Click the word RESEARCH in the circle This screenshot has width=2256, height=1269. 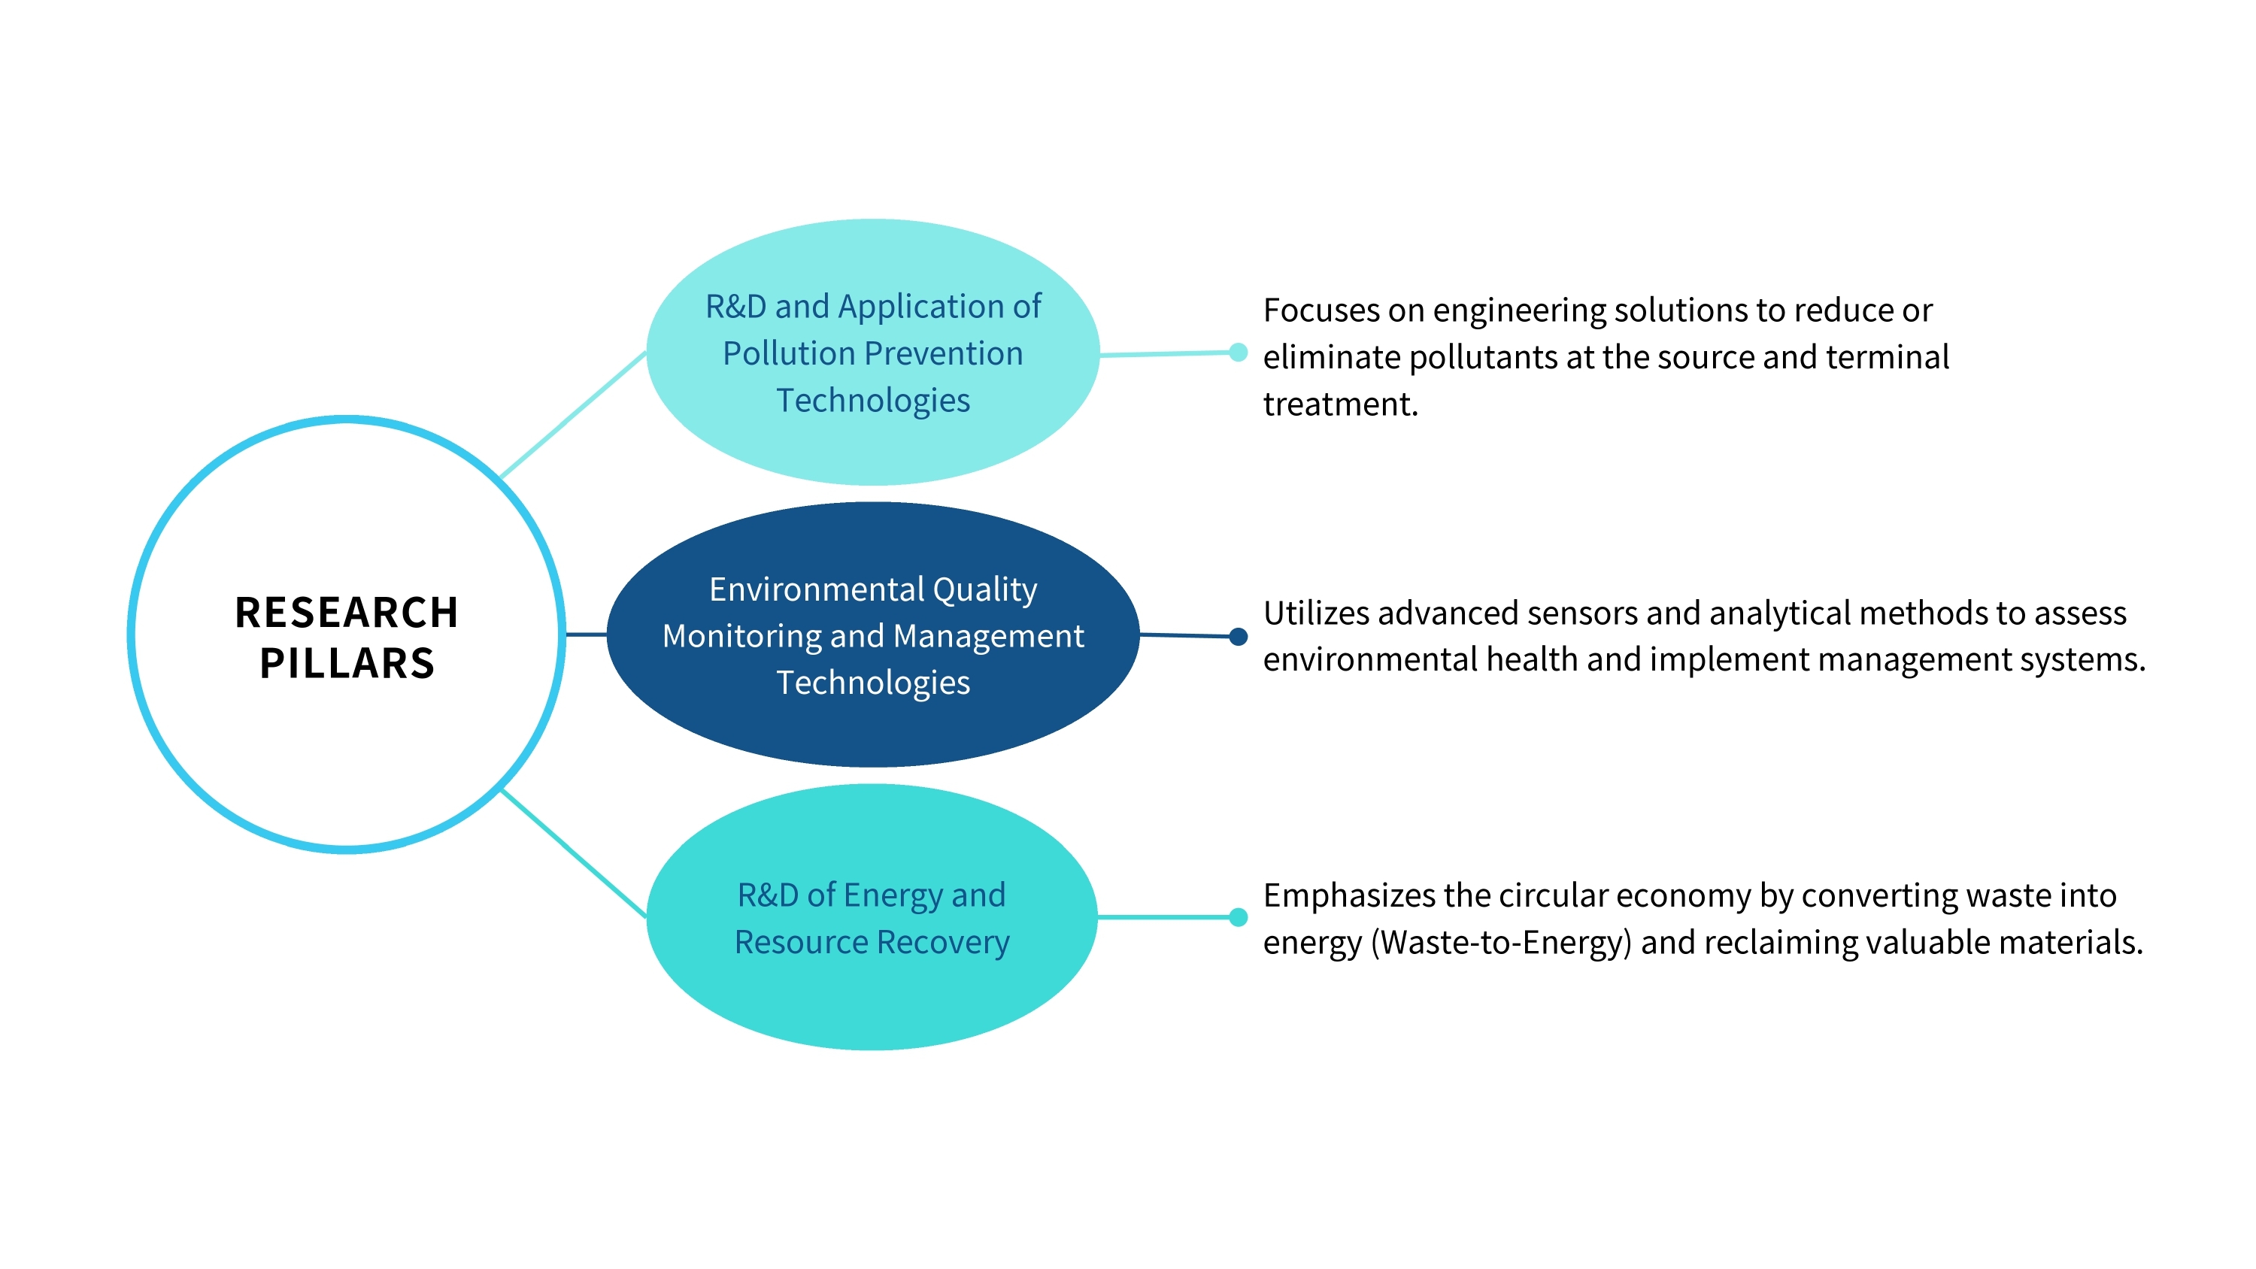(347, 613)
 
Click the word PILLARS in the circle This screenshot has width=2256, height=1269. (347, 664)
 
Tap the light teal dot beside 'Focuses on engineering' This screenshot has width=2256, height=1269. (1238, 352)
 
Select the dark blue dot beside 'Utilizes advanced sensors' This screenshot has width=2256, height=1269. (1238, 637)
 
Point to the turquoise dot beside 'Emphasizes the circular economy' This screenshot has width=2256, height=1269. (1238, 917)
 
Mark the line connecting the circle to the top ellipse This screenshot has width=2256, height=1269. (573, 414)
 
